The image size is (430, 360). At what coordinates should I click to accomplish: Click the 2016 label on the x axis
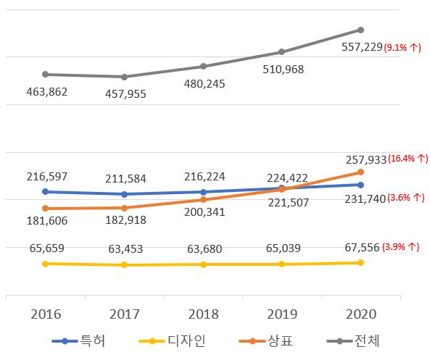(45, 314)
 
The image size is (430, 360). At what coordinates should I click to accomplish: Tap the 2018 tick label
(202, 314)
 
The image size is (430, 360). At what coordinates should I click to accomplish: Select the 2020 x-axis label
(360, 314)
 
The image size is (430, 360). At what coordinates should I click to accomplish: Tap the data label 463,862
(45, 91)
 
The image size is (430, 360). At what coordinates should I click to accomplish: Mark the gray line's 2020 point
(360, 30)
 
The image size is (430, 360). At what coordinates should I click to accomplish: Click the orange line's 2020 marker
(360, 172)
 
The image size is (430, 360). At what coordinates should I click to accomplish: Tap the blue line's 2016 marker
(45, 192)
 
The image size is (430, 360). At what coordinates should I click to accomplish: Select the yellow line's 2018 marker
(203, 264)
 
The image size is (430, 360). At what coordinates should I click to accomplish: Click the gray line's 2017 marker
(124, 77)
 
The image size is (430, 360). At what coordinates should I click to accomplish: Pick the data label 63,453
(124, 248)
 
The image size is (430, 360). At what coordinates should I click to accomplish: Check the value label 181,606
(45, 221)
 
